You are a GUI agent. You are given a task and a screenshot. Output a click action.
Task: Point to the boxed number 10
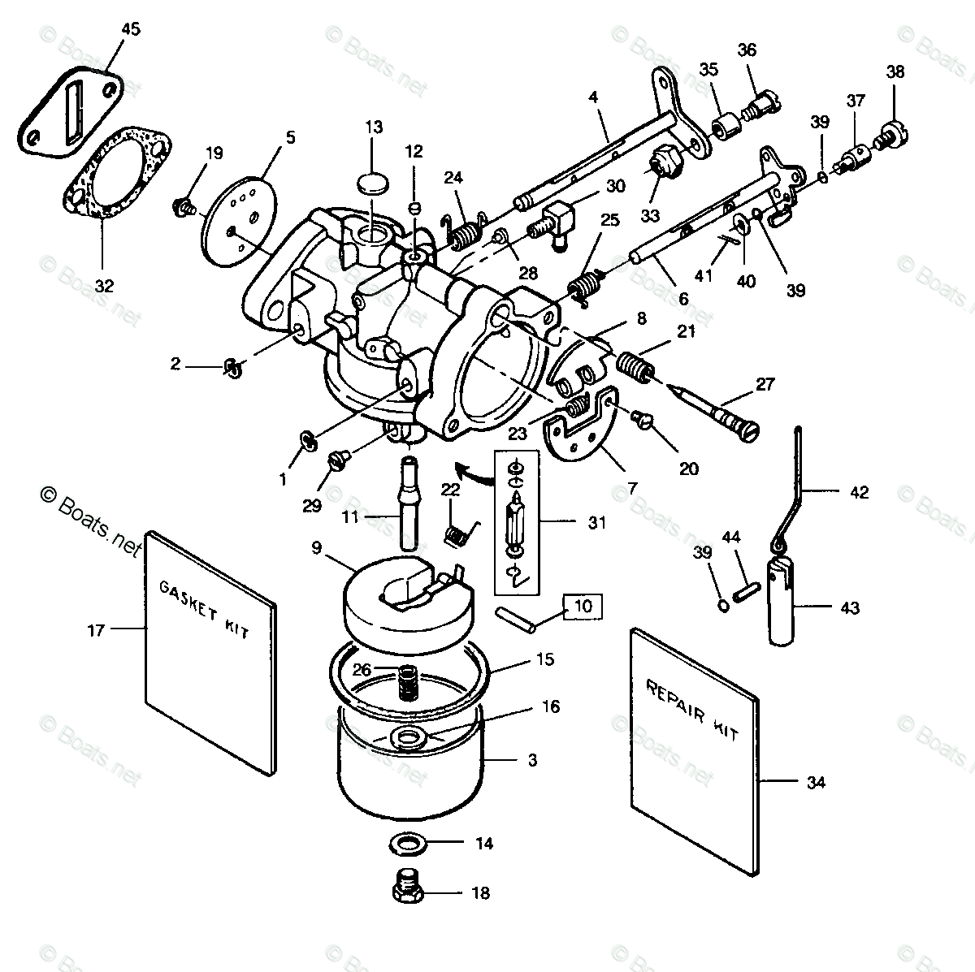click(x=587, y=606)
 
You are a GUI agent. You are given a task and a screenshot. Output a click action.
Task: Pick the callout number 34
click(x=816, y=782)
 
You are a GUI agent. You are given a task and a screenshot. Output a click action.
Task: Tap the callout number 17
click(x=96, y=629)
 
